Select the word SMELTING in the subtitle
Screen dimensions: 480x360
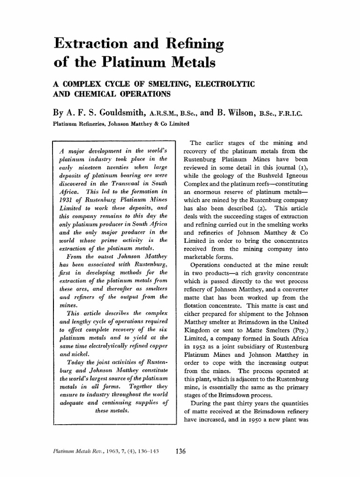[x=167, y=83]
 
